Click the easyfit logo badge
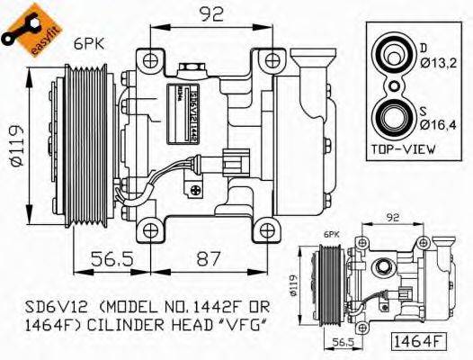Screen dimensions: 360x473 click(24, 27)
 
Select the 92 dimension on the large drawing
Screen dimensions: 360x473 click(213, 13)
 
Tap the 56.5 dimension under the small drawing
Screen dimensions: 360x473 click(340, 341)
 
